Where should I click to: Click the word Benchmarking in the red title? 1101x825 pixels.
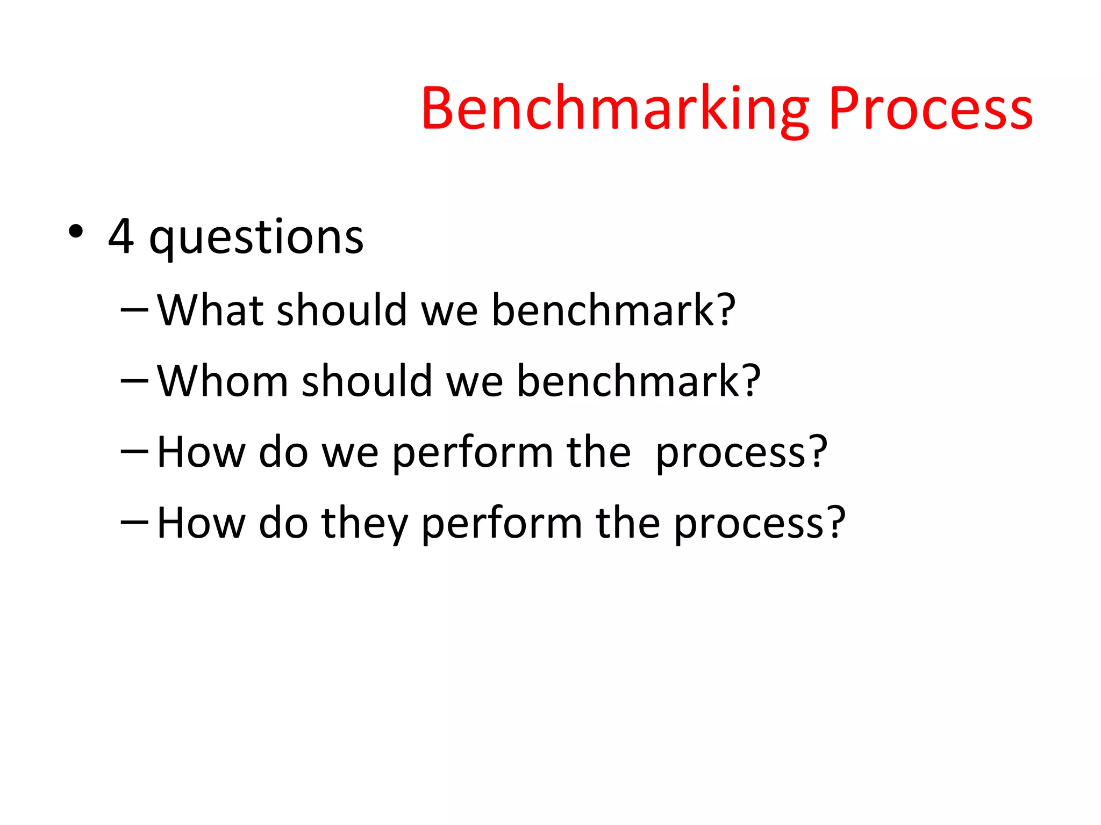point(614,110)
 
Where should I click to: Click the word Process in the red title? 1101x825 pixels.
point(930,110)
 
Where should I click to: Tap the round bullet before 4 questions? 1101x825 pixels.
point(76,232)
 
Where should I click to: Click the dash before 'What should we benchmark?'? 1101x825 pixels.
point(134,310)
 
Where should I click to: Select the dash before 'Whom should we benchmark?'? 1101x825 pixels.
point(134,381)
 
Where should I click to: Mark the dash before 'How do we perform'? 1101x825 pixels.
point(134,452)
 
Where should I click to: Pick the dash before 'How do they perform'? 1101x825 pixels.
point(134,522)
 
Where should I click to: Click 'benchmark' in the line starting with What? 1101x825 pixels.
point(603,310)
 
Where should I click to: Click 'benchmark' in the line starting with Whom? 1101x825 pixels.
point(628,381)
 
